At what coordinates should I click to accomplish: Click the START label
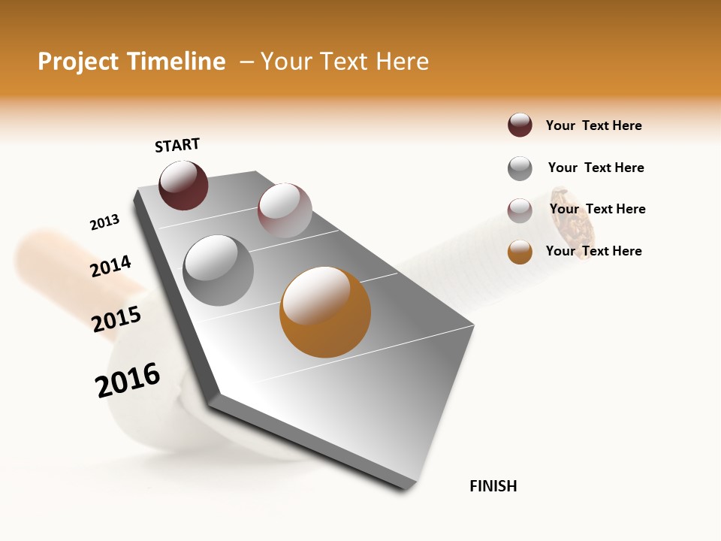[177, 145]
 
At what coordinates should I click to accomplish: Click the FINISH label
[493, 486]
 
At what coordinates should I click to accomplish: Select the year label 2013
[104, 222]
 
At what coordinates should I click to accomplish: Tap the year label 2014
[110, 266]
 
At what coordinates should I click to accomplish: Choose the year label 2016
[128, 379]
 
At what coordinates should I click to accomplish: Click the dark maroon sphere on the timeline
[183, 185]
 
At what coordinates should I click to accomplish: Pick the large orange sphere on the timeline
[325, 312]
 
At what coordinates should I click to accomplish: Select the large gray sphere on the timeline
[219, 270]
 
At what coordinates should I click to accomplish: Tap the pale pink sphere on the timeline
[285, 210]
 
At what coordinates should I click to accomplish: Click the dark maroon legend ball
[520, 125]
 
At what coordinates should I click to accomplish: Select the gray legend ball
[520, 168]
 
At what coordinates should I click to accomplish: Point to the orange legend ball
[520, 252]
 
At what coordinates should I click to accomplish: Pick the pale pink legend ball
[520, 210]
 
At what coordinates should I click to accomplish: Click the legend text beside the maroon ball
[593, 125]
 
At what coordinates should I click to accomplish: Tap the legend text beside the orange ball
[593, 251]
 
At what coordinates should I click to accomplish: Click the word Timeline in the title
[176, 62]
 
